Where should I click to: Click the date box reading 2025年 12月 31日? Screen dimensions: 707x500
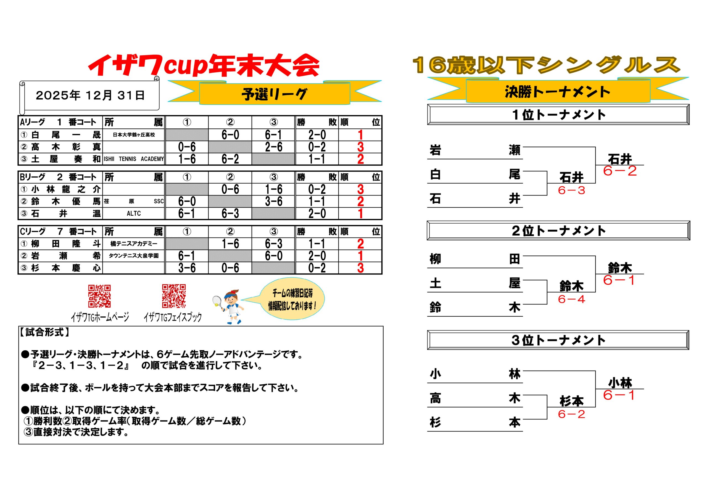pyautogui.click(x=89, y=96)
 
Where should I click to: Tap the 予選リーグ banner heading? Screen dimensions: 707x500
pyautogui.click(x=274, y=94)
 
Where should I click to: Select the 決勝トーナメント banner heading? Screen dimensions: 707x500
pyautogui.click(x=558, y=92)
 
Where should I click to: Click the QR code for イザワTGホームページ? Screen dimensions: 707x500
pyautogui.click(x=99, y=296)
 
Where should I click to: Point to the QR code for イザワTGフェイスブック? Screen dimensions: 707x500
pyautogui.click(x=174, y=296)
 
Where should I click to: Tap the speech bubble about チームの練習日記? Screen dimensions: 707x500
pyautogui.click(x=292, y=299)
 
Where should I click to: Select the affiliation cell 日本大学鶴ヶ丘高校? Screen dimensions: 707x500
pyautogui.click(x=134, y=135)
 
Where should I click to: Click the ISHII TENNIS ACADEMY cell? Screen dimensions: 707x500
pyautogui.click(x=134, y=159)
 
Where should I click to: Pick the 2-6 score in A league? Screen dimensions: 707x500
pyautogui.click(x=273, y=147)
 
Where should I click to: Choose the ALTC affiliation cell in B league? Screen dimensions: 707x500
pyautogui.click(x=134, y=213)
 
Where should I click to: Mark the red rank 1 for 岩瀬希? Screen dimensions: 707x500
pyautogui.click(x=361, y=256)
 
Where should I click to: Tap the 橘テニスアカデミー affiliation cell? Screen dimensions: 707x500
pyautogui.click(x=134, y=244)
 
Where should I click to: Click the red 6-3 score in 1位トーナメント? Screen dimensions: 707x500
pyautogui.click(x=571, y=191)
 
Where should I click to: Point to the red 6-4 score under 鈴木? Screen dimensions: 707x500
pyautogui.click(x=571, y=299)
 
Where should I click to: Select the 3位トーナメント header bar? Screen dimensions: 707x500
pyautogui.click(x=558, y=340)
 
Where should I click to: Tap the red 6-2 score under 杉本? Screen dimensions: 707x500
pyautogui.click(x=571, y=414)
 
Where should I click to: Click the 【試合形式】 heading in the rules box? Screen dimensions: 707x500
pyautogui.click(x=45, y=332)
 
